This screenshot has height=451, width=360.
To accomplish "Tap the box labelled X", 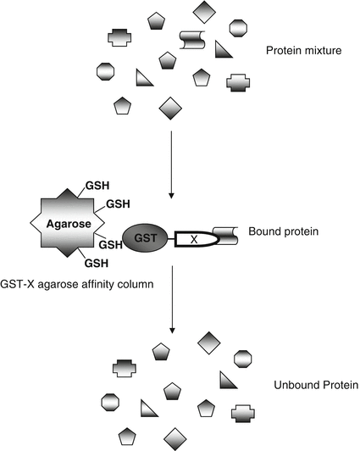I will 194,240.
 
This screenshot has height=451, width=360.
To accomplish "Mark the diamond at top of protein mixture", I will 205,12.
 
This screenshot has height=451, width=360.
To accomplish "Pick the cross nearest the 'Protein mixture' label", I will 239,82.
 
